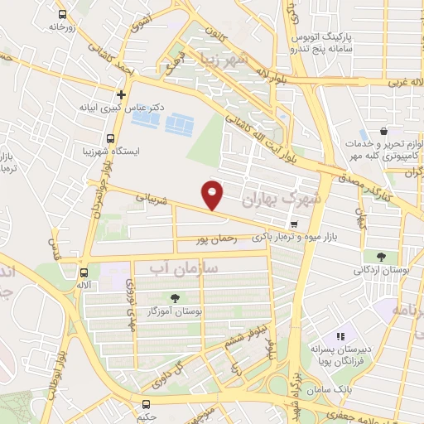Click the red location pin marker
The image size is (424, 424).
213,195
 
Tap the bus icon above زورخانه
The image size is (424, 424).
63,14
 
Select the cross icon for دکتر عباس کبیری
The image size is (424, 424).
121,94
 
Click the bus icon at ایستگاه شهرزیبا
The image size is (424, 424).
111,138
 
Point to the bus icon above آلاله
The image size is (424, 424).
84,272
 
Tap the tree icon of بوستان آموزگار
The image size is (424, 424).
175,298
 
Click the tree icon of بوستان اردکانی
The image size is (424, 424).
380,257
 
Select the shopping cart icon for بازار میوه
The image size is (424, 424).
294,224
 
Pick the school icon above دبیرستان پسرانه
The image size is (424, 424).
339,336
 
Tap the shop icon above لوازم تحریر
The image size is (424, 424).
384,131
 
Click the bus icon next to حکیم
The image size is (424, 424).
147,404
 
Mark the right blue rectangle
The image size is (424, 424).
179,124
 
